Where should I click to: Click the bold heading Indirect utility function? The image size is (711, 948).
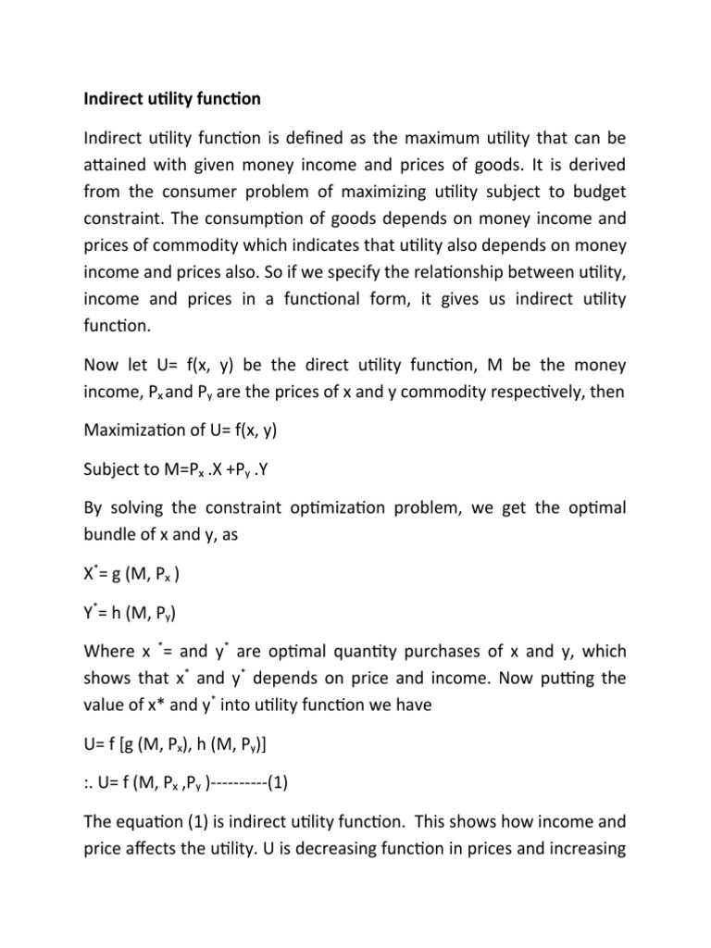coord(172,97)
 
